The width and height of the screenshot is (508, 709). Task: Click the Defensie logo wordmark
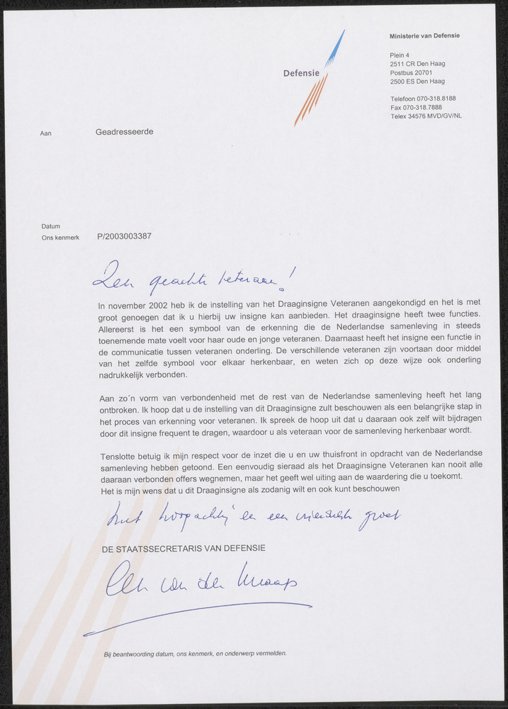pyautogui.click(x=301, y=73)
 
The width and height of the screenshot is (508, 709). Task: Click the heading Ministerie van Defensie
pyautogui.click(x=424, y=35)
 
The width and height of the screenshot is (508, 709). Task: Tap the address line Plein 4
pyautogui.click(x=400, y=55)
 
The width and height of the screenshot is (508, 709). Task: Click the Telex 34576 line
pyautogui.click(x=425, y=116)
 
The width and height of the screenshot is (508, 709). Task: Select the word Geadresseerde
pyautogui.click(x=124, y=132)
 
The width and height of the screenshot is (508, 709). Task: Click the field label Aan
pyautogui.click(x=46, y=133)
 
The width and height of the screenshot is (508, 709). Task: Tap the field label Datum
pyautogui.click(x=50, y=226)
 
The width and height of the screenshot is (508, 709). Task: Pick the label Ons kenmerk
pyautogui.click(x=60, y=238)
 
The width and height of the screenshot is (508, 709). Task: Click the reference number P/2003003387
pyautogui.click(x=124, y=238)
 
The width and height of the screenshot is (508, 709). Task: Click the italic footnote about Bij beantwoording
pyautogui.click(x=195, y=653)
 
